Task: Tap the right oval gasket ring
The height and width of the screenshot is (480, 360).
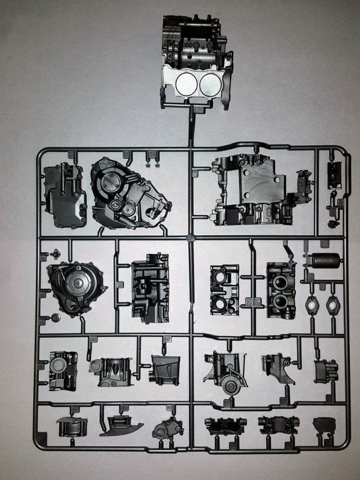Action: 332,306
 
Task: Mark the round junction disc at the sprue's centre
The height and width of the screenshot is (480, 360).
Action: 191,237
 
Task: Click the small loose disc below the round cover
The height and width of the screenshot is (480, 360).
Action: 56,318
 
